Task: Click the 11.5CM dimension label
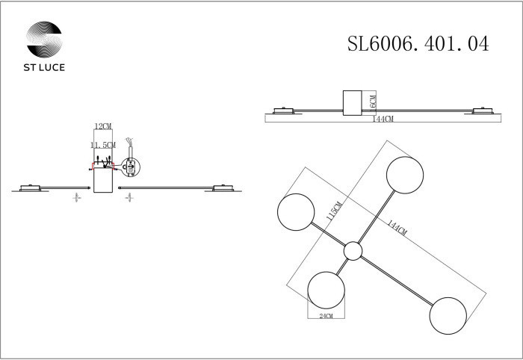[102, 144]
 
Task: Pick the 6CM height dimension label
[373, 103]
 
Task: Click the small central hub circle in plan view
[353, 252]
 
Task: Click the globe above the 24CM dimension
[328, 290]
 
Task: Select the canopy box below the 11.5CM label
[102, 180]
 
